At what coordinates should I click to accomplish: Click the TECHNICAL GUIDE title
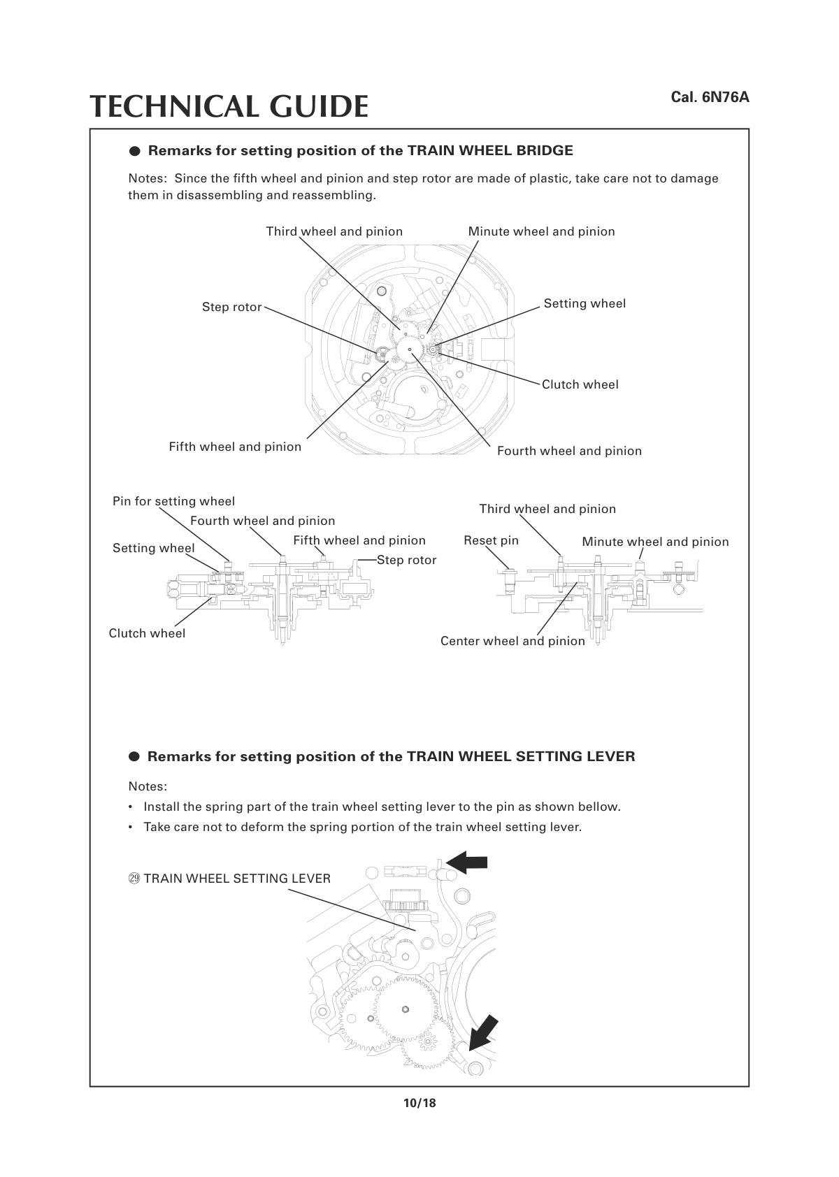[229, 106]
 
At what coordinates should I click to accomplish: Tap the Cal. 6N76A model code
[710, 96]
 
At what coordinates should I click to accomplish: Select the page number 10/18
[419, 1103]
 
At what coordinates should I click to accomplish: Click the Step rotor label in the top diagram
[231, 307]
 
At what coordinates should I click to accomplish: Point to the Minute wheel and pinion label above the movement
[541, 231]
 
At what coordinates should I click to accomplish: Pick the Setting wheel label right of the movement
[585, 303]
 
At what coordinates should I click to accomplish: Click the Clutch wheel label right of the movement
[580, 384]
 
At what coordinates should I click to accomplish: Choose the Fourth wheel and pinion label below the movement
[569, 451]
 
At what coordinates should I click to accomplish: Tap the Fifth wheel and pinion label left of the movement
[235, 447]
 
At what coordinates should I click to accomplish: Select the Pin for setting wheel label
[173, 501]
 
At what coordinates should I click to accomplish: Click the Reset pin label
[491, 540]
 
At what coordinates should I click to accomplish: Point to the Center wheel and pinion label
[512, 641]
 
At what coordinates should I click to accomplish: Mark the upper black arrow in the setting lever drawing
[467, 862]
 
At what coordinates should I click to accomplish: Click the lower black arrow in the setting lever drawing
[484, 1033]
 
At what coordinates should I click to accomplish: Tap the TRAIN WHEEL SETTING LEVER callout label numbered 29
[230, 879]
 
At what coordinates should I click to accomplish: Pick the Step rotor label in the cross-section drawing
[406, 560]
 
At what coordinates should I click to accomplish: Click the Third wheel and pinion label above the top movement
[334, 231]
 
